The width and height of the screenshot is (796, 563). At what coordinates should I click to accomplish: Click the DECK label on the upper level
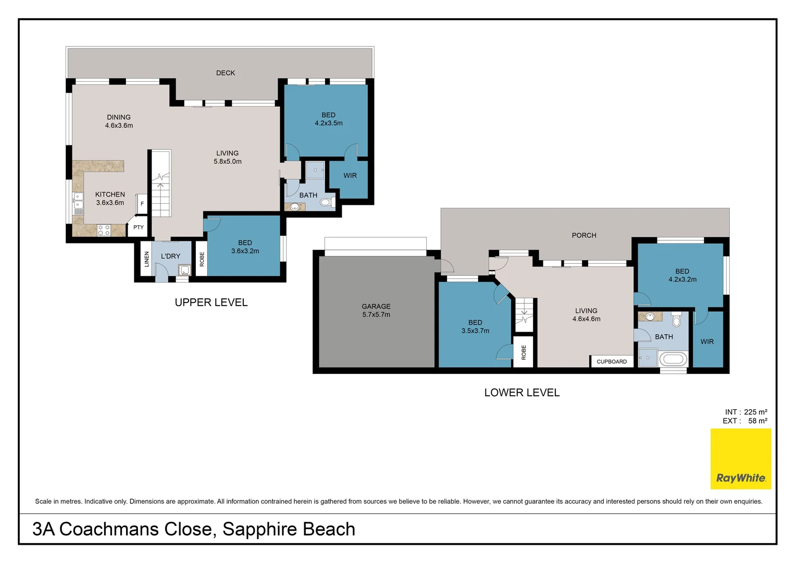point(226,73)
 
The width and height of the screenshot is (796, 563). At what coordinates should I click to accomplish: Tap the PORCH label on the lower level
point(584,235)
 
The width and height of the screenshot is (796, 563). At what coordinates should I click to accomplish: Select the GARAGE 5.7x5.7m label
point(376,311)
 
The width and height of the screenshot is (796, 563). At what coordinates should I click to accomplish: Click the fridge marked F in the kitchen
point(142,203)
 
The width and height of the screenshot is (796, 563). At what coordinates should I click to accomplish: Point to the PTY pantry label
point(139,227)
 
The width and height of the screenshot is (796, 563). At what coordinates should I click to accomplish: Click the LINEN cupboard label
point(147,259)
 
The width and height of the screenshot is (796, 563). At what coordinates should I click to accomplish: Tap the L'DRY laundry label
point(170,256)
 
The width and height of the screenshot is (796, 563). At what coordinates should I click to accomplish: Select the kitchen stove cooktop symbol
point(104,230)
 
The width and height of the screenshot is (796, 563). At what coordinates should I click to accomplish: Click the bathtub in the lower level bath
point(673,359)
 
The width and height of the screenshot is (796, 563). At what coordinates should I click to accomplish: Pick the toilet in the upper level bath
point(326,202)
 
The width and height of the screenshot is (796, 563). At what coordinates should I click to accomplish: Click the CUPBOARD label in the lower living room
point(612,362)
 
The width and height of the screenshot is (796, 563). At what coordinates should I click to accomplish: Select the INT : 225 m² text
point(746,412)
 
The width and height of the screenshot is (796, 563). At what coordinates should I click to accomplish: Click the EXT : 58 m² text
point(745,421)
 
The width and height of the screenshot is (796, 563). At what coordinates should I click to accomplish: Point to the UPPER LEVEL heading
point(211,302)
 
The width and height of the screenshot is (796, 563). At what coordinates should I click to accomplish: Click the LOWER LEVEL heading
point(522,393)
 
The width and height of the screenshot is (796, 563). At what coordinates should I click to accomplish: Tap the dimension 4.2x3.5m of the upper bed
point(329,124)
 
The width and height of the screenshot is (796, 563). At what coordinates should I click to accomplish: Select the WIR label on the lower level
point(707,342)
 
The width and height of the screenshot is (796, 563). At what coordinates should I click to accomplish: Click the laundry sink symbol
point(184,270)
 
